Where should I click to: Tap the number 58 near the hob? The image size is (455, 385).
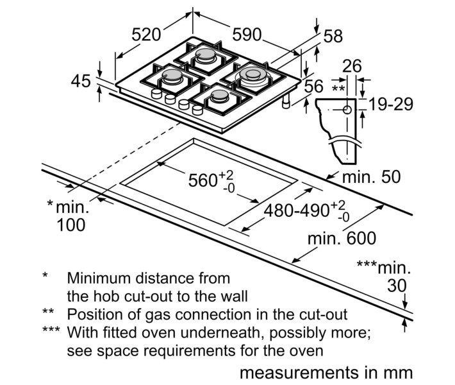click(333, 36)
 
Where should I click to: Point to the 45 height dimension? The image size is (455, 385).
click(81, 81)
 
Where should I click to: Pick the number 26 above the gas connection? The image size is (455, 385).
click(352, 65)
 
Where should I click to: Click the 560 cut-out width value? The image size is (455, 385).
click(204, 180)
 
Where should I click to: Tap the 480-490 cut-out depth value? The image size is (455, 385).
click(300, 210)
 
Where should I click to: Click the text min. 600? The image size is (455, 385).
click(342, 239)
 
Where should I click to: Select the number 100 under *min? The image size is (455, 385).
click(70, 225)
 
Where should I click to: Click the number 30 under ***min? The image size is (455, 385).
click(397, 284)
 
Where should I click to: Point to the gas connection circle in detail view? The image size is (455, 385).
click(347, 109)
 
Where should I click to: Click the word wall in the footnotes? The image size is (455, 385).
click(234, 296)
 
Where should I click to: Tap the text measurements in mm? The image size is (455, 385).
click(326, 373)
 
